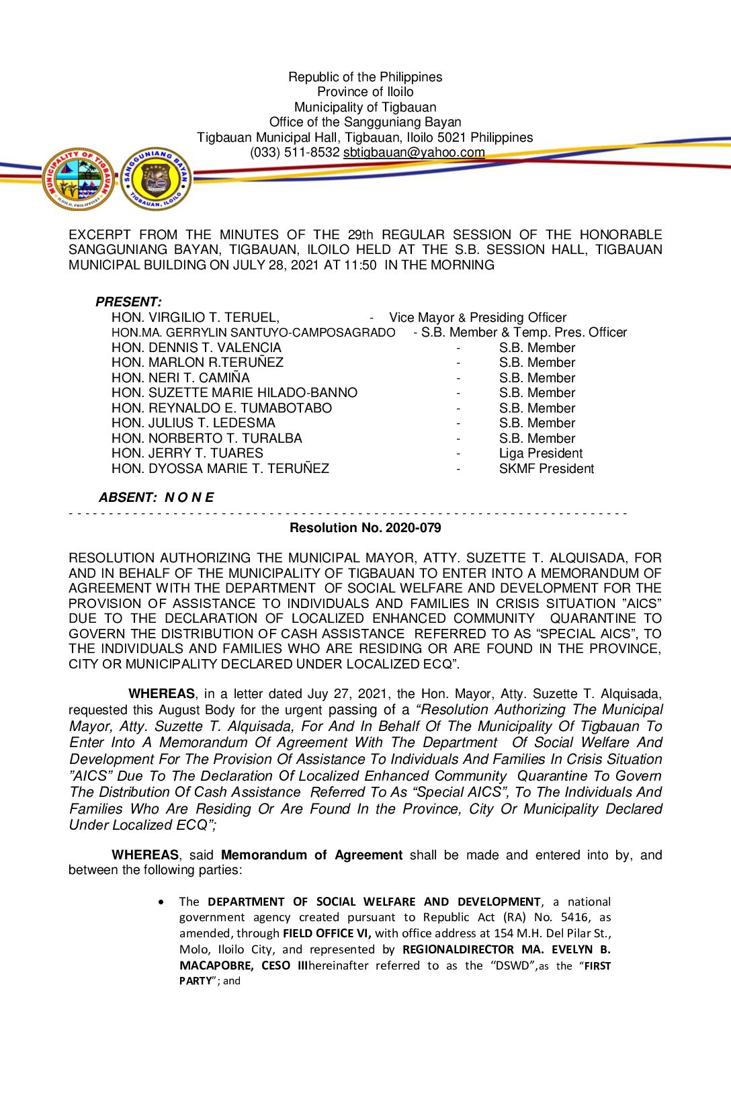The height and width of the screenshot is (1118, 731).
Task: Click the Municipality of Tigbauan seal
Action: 79,179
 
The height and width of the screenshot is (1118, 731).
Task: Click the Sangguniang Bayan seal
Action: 157,179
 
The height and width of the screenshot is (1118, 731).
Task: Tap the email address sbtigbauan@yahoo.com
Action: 414,153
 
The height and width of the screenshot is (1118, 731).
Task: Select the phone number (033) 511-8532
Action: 295,153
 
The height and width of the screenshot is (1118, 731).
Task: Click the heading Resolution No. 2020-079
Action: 365,528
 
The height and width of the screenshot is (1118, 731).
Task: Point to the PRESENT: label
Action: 128,302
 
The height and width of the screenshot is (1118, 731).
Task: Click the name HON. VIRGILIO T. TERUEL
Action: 196,318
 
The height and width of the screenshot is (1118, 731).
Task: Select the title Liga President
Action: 540,454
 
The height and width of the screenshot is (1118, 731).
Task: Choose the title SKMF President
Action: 546,469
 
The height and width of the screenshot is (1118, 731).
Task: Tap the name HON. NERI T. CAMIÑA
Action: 181,378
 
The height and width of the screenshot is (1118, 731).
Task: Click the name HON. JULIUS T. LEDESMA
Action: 193,423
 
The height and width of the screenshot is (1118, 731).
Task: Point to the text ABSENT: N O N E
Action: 156,498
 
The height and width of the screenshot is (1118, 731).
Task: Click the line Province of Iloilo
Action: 365,92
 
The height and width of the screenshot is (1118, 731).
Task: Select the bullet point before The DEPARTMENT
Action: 161,902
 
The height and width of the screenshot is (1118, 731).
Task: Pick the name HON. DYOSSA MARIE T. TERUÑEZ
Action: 220,469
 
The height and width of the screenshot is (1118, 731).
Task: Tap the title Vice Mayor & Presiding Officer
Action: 478,318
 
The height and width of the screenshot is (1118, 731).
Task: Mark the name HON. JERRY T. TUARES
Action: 187,454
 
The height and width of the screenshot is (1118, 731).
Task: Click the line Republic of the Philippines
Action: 365,77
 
